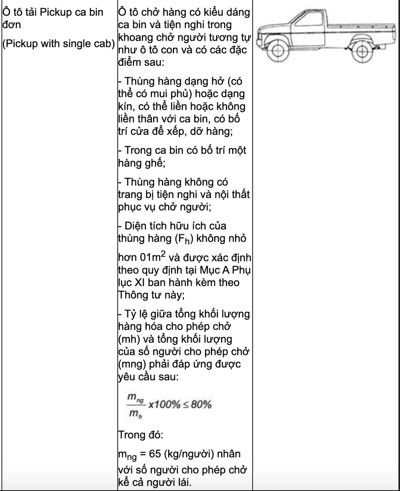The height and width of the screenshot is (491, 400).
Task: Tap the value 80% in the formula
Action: (202, 404)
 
